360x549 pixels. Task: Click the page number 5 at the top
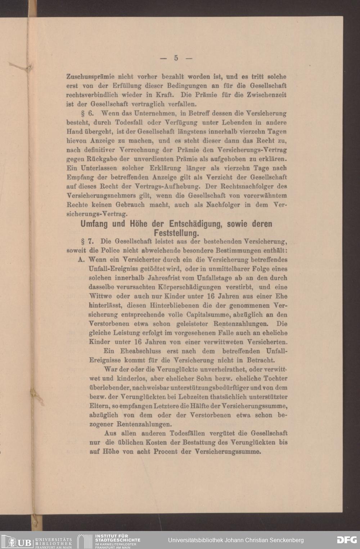[176, 58]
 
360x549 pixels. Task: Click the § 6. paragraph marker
[88, 113]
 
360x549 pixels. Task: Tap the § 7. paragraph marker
[88, 241]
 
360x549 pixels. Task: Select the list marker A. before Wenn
[81, 259]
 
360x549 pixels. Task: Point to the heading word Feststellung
[176, 233]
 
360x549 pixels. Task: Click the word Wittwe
[100, 296]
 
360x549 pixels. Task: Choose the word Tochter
[275, 378]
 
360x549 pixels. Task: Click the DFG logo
[347, 540]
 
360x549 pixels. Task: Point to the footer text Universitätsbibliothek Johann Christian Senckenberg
[236, 540]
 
